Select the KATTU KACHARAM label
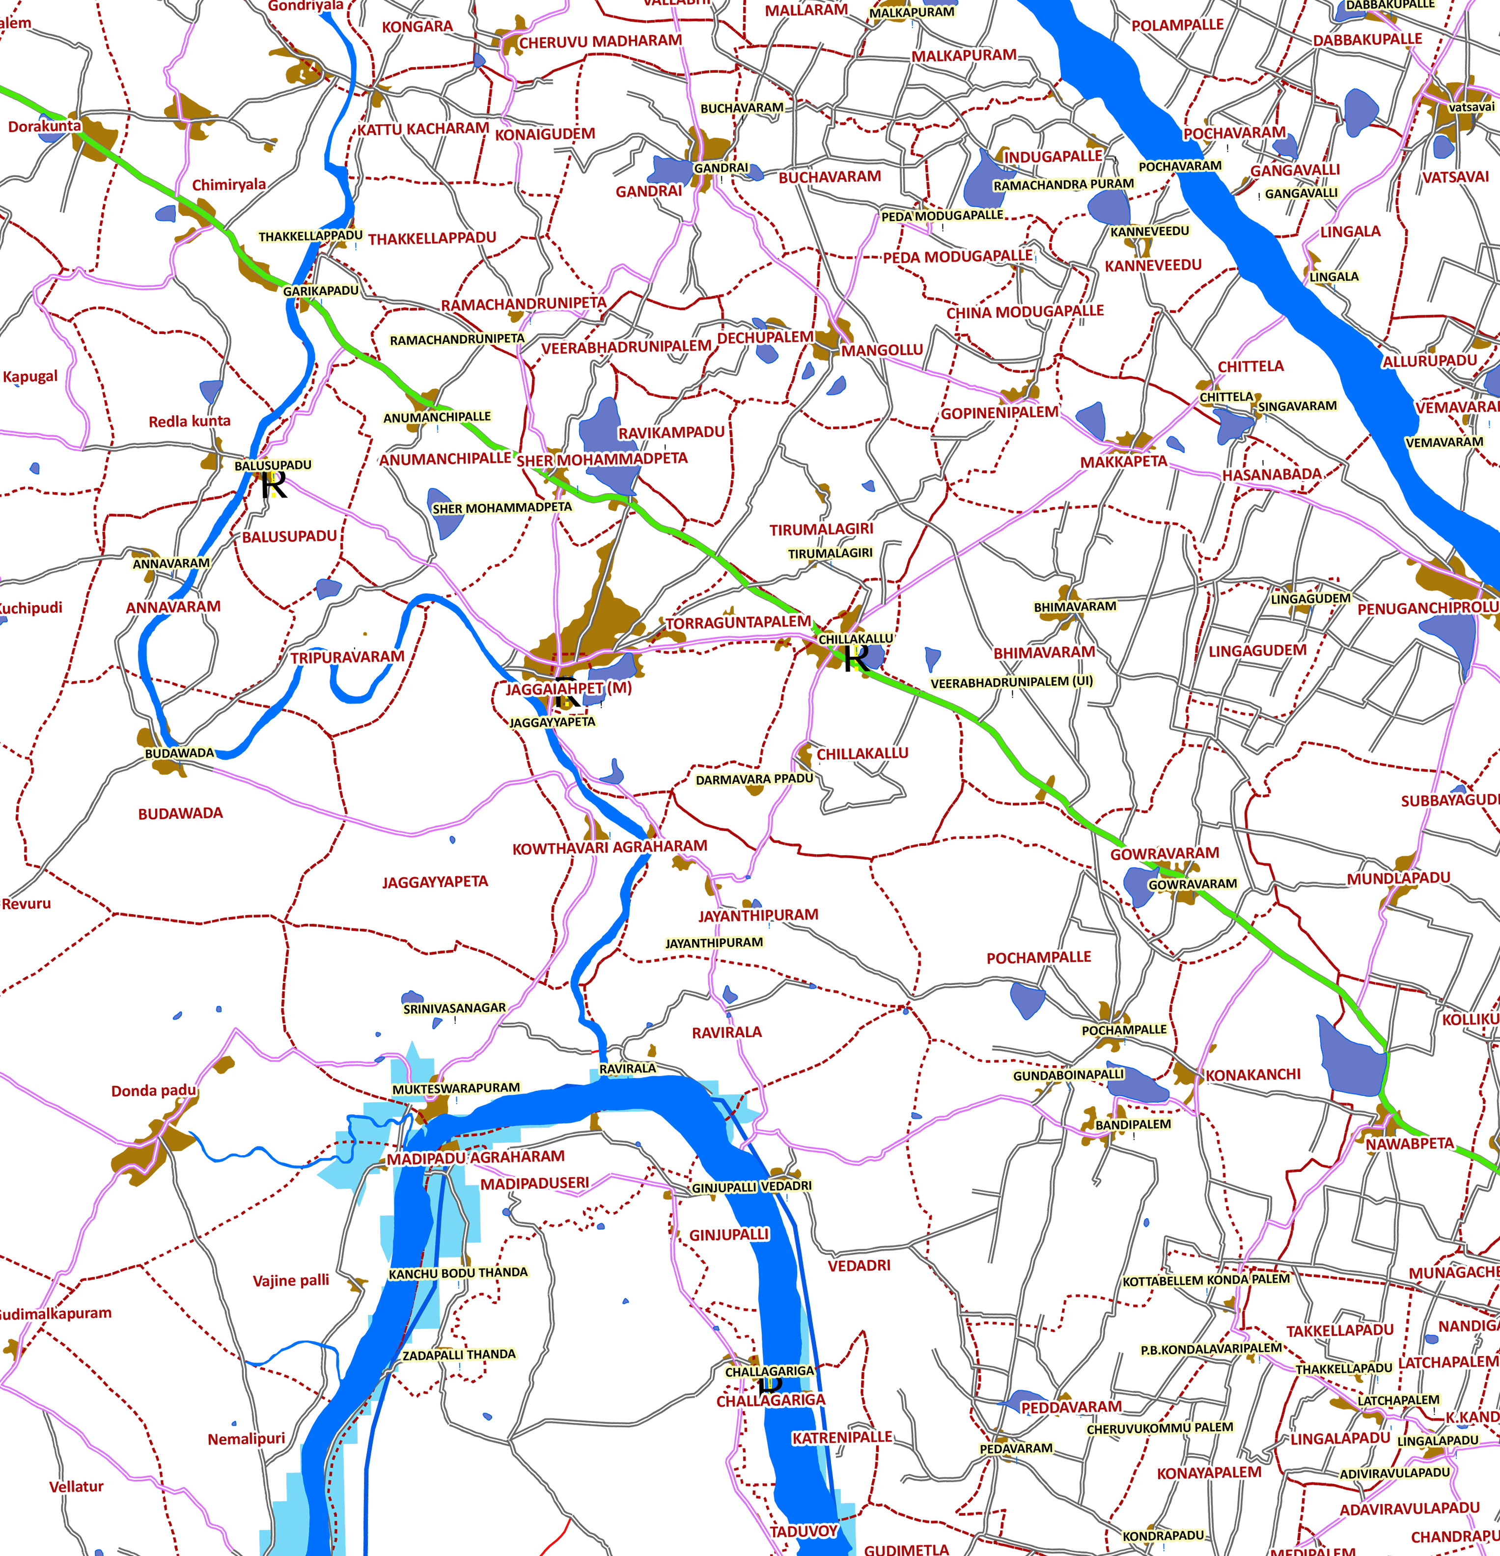[x=422, y=129]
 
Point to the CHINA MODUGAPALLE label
[x=1025, y=311]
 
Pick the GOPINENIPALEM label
[x=999, y=413]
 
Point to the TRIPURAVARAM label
[x=347, y=657]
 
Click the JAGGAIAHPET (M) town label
[x=569, y=688]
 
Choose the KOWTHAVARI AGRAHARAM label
[x=609, y=847]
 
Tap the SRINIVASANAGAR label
[x=454, y=1008]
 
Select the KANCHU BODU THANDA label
[x=458, y=1273]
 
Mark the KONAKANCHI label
[x=1252, y=1075]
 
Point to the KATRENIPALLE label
[x=842, y=1437]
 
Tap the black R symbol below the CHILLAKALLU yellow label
[x=855, y=658]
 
